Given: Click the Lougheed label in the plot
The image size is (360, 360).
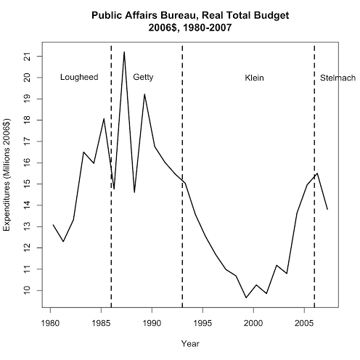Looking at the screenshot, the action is coord(79,78).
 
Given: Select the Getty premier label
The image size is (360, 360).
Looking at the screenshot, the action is coord(143,78).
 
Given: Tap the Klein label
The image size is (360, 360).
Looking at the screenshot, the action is coord(254,78).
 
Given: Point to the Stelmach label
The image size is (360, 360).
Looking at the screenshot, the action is coord(337,78).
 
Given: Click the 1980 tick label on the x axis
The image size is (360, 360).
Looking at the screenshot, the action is coord(50,323).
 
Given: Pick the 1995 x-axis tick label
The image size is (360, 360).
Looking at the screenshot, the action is coord(202,323).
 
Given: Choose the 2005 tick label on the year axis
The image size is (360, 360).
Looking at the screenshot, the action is coord(304,323).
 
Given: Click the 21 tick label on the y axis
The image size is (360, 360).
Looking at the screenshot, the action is coord(27,57).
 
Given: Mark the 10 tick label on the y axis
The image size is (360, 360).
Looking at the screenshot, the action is coord(27,290).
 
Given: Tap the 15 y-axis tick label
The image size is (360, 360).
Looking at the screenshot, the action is coord(27,184).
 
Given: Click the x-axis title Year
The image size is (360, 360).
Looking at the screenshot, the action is coord(190,343).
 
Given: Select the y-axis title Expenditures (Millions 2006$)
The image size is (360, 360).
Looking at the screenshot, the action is coord(7,175).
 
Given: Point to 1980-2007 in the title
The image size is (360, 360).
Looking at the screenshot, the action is coord(207,28).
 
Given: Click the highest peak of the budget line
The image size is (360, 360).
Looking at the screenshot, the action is coord(124,52).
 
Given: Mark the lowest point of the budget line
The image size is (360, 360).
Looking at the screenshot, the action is coord(246,298).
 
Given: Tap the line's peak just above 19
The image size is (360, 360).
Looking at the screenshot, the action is coord(144,94).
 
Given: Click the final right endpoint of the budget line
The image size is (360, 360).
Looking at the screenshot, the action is coord(327,210).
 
